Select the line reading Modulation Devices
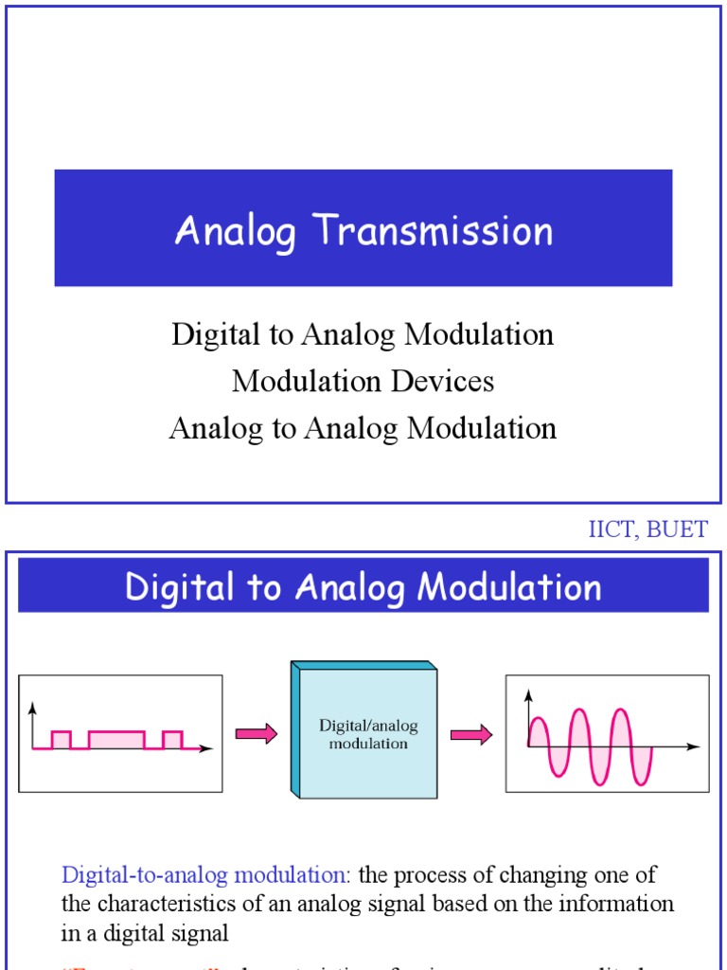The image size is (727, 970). [x=363, y=381]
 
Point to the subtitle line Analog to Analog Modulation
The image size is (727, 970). [x=363, y=428]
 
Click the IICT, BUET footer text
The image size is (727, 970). [x=647, y=530]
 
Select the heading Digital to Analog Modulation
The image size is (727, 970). [x=363, y=586]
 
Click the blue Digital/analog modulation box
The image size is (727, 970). [x=368, y=734]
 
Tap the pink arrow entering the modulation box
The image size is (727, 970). [x=256, y=734]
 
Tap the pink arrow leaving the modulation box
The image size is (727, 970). [x=470, y=734]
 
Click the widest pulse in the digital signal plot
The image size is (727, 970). [x=116, y=740]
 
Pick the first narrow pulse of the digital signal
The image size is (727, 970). [x=61, y=740]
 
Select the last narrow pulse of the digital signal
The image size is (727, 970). [x=171, y=740]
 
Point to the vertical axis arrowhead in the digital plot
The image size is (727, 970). [x=34, y=708]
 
